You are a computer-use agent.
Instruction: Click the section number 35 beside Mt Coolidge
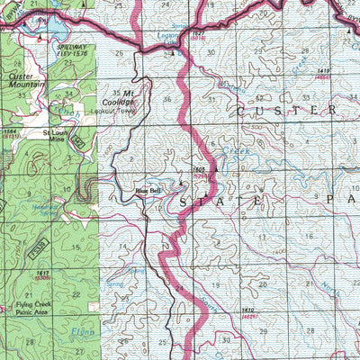116,92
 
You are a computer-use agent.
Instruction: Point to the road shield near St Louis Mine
79,142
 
